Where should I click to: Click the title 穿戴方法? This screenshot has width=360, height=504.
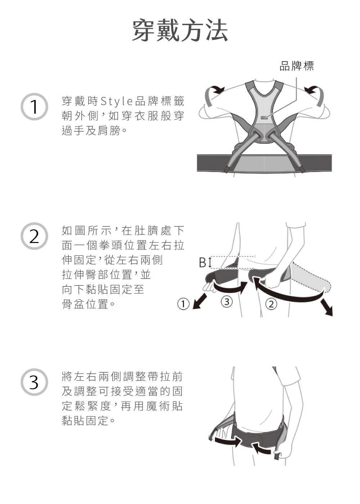[x=180, y=30]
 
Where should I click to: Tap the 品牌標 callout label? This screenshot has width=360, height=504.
[x=297, y=66]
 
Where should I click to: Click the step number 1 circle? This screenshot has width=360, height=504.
[x=34, y=107]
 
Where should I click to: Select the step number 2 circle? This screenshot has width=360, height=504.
[x=34, y=236]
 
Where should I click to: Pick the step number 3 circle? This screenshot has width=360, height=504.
[x=34, y=382]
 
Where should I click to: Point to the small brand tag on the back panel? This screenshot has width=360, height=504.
[x=264, y=118]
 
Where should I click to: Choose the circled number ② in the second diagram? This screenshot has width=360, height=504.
[x=271, y=304]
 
